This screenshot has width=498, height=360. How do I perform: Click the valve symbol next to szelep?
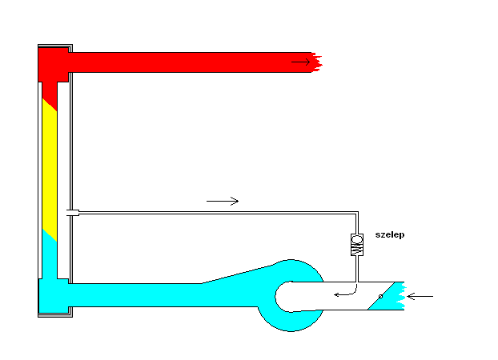(x=357, y=245)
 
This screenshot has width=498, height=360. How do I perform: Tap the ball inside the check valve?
(x=357, y=238)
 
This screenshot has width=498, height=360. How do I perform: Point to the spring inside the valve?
(x=357, y=250)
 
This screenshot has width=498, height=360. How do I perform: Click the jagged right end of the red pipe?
(x=319, y=61)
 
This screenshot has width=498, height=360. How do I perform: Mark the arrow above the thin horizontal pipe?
(x=223, y=201)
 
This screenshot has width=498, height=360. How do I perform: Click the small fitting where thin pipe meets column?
(x=72, y=212)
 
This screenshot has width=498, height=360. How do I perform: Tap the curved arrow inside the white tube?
(x=344, y=292)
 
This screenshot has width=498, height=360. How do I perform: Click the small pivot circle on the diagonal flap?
(x=381, y=296)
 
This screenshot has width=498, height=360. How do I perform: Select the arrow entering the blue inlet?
(x=420, y=297)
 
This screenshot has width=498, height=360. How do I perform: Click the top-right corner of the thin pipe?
(x=357, y=213)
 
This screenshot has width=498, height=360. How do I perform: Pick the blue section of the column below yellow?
(x=49, y=256)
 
